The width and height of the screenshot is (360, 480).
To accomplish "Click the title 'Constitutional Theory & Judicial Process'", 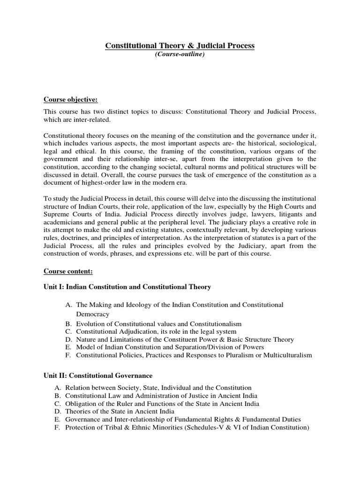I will pyautogui.click(x=180, y=45).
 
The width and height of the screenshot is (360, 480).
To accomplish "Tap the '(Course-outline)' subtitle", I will pyautogui.click(x=180, y=55).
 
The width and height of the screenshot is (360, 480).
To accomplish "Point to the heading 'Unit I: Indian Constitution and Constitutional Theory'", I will pyautogui.click(x=127, y=286).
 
